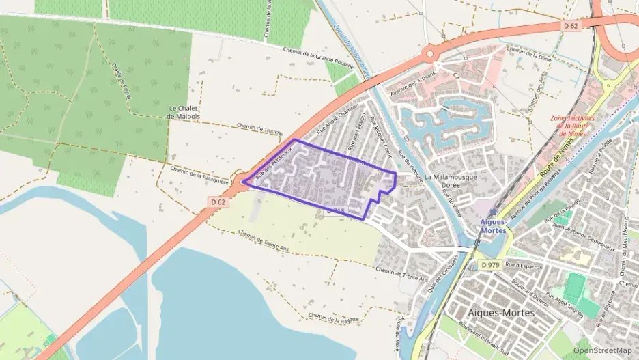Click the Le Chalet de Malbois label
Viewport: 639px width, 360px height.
pos(182,112)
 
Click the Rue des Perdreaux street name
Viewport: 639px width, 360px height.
pos(269,165)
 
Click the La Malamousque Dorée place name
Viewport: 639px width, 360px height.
pos(451,181)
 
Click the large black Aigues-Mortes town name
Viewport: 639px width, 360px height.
pos(502,312)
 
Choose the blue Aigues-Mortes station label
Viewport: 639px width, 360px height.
pos(494,226)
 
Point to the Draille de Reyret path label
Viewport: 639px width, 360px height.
pos(122,82)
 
